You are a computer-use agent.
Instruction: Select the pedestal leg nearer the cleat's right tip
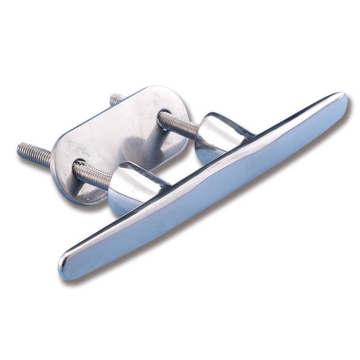[x=220, y=135]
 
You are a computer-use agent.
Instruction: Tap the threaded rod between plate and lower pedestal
[x=92, y=173]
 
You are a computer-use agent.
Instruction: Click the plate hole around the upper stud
[x=164, y=118]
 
